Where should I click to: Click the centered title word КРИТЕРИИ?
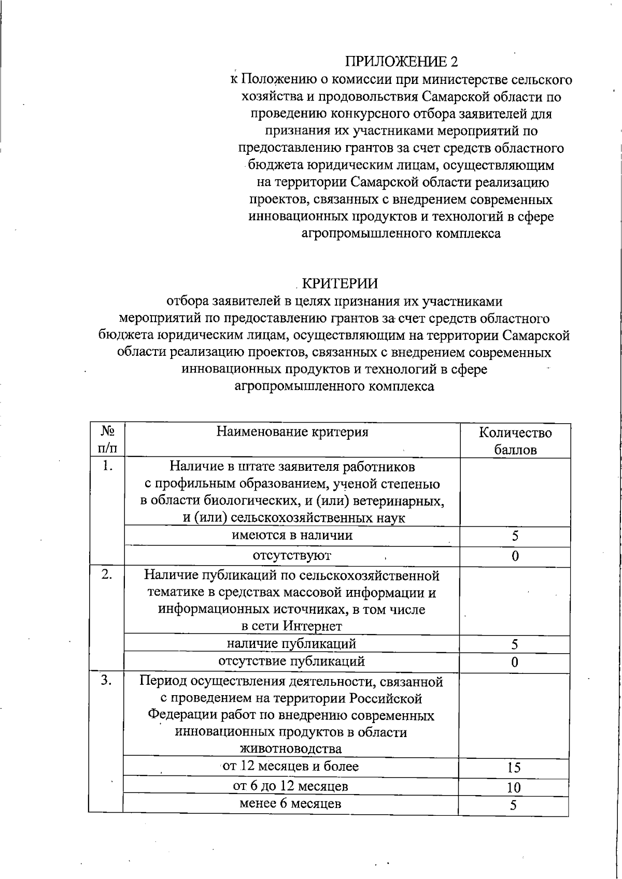[x=340, y=284]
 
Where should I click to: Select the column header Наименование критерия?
[x=292, y=432]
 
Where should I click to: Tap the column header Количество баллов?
[x=515, y=441]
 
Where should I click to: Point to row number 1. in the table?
[x=107, y=466]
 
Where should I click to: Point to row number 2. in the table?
[x=107, y=574]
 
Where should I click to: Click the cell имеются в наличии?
[x=292, y=536]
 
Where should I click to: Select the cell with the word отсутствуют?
[x=292, y=556]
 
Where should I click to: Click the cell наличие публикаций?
[x=292, y=644]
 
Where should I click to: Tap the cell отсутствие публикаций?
[x=292, y=661]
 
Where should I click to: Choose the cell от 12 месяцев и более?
[x=290, y=766]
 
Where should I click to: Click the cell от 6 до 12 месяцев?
[x=290, y=786]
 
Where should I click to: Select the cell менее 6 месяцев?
[x=290, y=804]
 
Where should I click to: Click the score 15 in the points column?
[x=514, y=768]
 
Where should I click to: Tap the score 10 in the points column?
[x=514, y=788]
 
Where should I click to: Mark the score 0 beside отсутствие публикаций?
[x=514, y=662]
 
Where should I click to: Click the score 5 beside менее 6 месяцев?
[x=514, y=806]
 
